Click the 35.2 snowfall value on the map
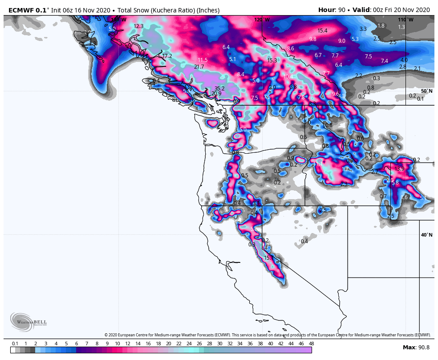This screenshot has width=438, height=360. click(219, 88)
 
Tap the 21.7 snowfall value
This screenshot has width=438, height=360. click(199, 67)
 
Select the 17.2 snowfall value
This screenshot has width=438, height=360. click(167, 56)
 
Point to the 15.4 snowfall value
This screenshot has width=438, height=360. click(322, 31)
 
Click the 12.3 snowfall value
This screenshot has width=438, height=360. click(138, 26)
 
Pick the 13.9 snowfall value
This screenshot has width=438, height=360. click(400, 169)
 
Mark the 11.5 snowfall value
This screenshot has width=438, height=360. click(203, 60)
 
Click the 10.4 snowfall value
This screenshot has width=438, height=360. click(288, 77)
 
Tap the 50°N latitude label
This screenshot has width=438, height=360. click(426, 91)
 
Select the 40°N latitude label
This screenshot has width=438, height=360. click(426, 235)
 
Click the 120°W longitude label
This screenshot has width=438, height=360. click(262, 20)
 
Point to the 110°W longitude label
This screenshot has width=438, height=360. click(406, 20)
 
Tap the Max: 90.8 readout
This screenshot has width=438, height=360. click(416, 348)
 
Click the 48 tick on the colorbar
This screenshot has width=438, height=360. click(311, 344)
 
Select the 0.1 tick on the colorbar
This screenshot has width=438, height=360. click(15, 344)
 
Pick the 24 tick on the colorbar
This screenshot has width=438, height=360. click(189, 344)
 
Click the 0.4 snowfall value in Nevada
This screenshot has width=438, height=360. click(304, 241)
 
